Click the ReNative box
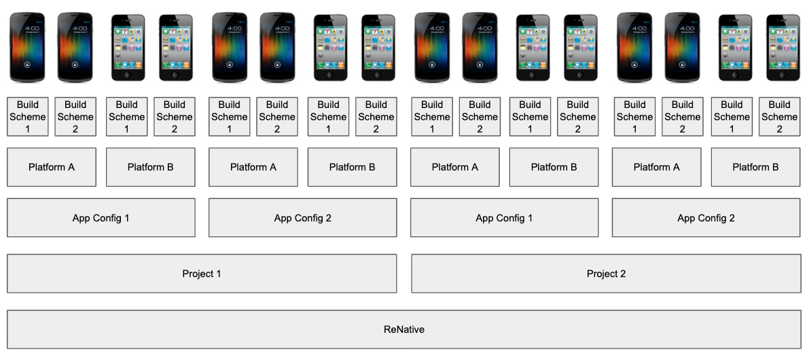coord(404,329)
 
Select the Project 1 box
coord(202,273)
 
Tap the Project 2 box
coord(606,273)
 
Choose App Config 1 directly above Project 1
coord(101,217)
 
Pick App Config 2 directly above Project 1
coord(303,217)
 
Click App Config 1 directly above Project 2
coord(505,217)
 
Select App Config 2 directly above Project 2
coord(706,217)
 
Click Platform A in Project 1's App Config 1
coord(52,167)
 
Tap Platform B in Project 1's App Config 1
coord(151,167)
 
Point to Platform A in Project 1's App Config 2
coord(253,167)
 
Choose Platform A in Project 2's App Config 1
coord(455,167)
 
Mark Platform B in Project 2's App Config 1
coord(554,167)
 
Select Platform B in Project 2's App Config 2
coord(756,167)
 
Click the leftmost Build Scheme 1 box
coord(28,117)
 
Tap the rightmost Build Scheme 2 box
coord(780,117)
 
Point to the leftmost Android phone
coord(27,48)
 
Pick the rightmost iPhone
coord(783,48)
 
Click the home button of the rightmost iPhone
coord(783,75)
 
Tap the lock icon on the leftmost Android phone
coord(27,65)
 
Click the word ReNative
coord(404,329)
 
